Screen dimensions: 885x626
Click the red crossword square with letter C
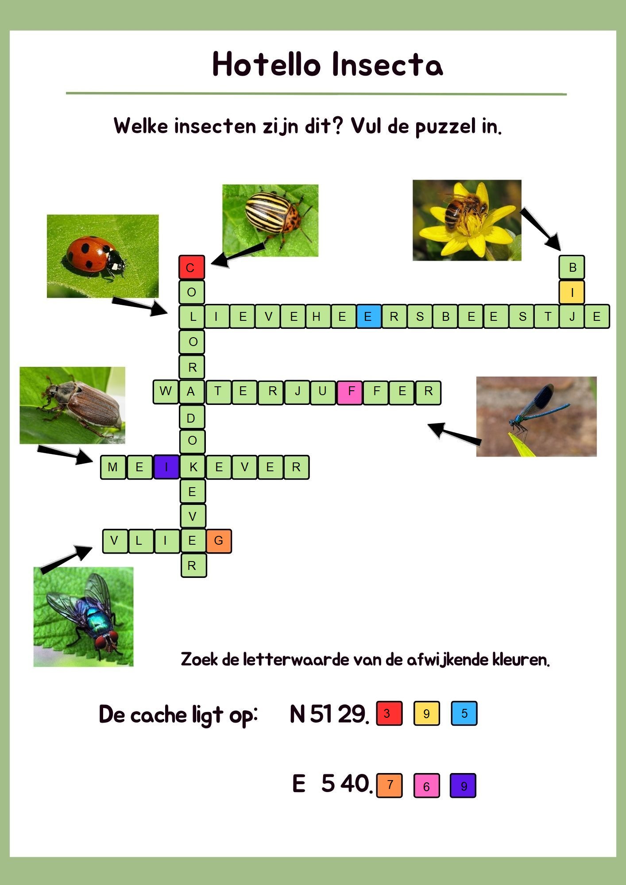click(x=191, y=267)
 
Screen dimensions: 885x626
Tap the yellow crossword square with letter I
click(x=572, y=292)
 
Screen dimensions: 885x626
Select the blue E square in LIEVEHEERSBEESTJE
click(x=368, y=316)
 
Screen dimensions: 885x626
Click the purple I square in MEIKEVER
click(x=166, y=467)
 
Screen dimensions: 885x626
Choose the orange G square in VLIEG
click(x=219, y=541)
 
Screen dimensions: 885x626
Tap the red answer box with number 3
click(x=389, y=713)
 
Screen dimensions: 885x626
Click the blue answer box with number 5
click(x=464, y=713)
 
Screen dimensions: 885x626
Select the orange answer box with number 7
click(x=389, y=785)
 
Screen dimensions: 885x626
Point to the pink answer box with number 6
click(x=426, y=785)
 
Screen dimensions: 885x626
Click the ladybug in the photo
click(x=95, y=256)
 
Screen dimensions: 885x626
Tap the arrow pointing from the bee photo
click(x=541, y=229)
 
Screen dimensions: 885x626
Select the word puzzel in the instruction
click(x=445, y=127)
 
